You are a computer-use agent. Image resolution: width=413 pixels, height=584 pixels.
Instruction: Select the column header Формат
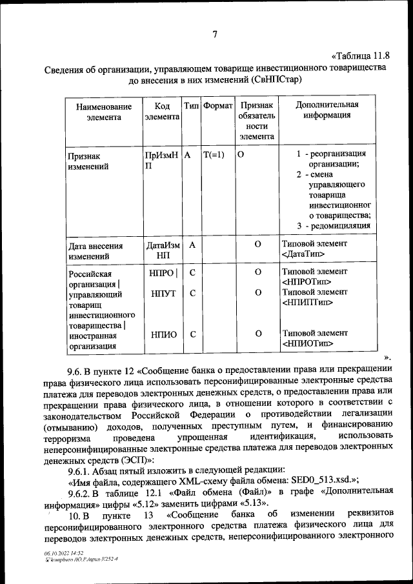coord(217,105)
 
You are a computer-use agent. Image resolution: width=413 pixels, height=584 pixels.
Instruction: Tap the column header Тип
coord(191,105)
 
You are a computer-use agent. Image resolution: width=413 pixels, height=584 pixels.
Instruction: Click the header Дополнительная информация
coord(327,110)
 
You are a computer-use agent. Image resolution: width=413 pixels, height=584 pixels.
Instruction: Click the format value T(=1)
coord(214,155)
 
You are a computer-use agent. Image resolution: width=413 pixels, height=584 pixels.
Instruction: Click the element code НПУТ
coord(161,293)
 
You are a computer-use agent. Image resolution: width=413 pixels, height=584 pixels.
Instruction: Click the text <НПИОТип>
coord(308,343)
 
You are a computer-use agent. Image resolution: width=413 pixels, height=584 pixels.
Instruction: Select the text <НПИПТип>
coord(308,302)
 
